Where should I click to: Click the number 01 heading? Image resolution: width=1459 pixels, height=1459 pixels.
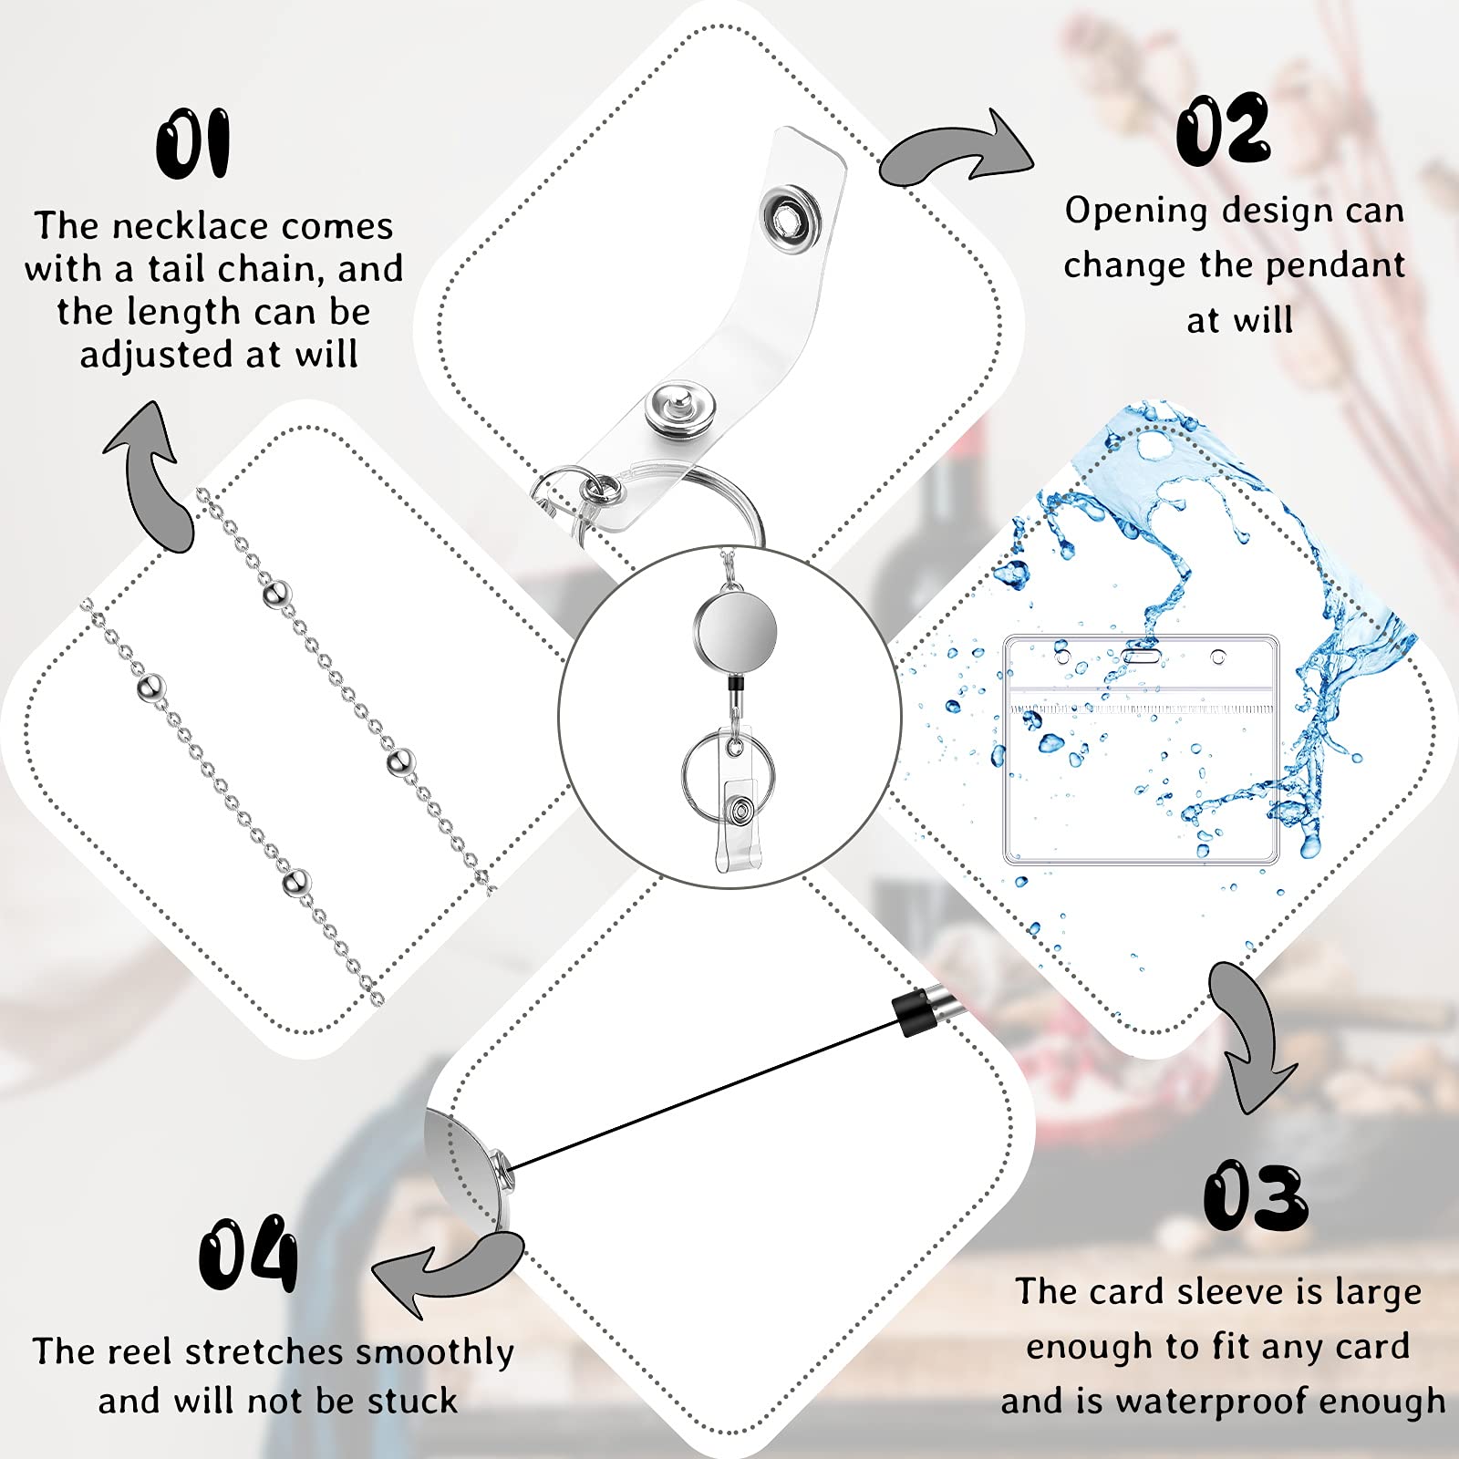click(192, 144)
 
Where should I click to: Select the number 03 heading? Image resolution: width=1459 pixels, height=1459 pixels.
click(1256, 1196)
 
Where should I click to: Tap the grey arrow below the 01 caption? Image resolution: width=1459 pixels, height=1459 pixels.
click(155, 474)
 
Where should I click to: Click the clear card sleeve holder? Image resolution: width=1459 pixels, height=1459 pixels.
click(1141, 750)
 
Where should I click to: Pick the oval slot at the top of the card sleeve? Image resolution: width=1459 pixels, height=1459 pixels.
click(1140, 655)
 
